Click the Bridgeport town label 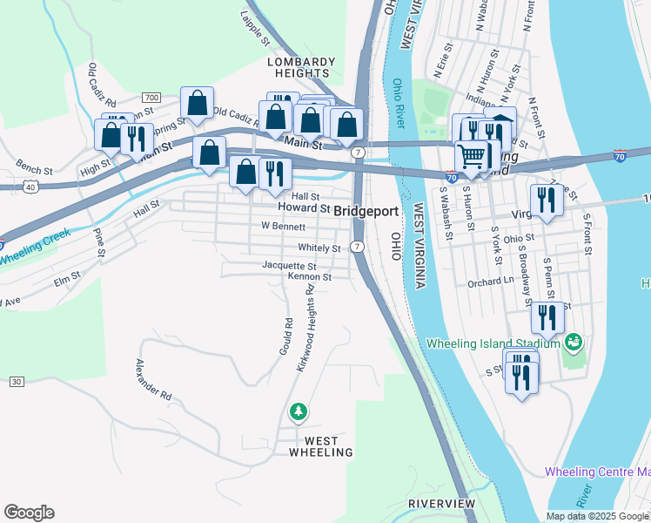coord(366,211)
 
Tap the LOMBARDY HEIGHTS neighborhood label coord(301,68)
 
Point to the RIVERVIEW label coord(442,504)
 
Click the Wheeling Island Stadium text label coord(493,343)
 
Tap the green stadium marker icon coord(574,341)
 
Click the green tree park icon coord(299,411)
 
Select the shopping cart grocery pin coord(471,156)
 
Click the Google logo coord(29,513)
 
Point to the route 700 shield coord(151,97)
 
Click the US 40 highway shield coord(30,187)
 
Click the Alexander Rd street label coord(154,380)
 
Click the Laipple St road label coord(252,24)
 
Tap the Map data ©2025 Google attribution coord(597,515)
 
